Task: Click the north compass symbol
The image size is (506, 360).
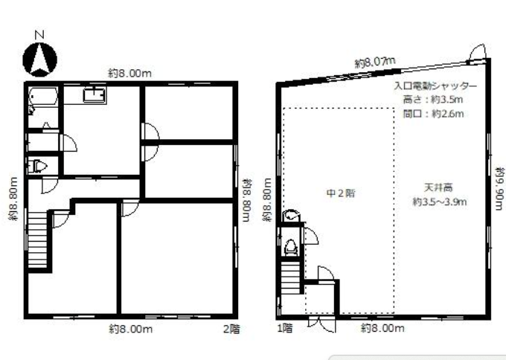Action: pyautogui.click(x=39, y=60)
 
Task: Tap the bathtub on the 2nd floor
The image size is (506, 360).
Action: pyautogui.click(x=43, y=96)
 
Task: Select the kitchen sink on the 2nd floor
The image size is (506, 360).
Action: pyautogui.click(x=95, y=95)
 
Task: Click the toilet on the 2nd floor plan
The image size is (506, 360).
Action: pyautogui.click(x=39, y=167)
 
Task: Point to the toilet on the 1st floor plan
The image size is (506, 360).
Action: pyautogui.click(x=291, y=248)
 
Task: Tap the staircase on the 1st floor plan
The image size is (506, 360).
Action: pyautogui.click(x=291, y=277)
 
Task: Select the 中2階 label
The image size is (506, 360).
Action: pyautogui.click(x=341, y=193)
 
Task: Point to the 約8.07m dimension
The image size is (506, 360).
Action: pyautogui.click(x=375, y=62)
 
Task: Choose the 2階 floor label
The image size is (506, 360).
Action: pyautogui.click(x=231, y=329)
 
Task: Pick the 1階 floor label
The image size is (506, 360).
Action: pyautogui.click(x=285, y=328)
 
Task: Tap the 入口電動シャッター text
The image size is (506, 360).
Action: pyautogui.click(x=435, y=86)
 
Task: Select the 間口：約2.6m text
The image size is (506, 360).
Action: pyautogui.click(x=433, y=114)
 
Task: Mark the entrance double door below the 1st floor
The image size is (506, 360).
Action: pyautogui.click(x=321, y=324)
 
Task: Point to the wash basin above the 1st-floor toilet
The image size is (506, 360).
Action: pyautogui.click(x=292, y=216)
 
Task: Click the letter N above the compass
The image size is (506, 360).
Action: pyautogui.click(x=39, y=34)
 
